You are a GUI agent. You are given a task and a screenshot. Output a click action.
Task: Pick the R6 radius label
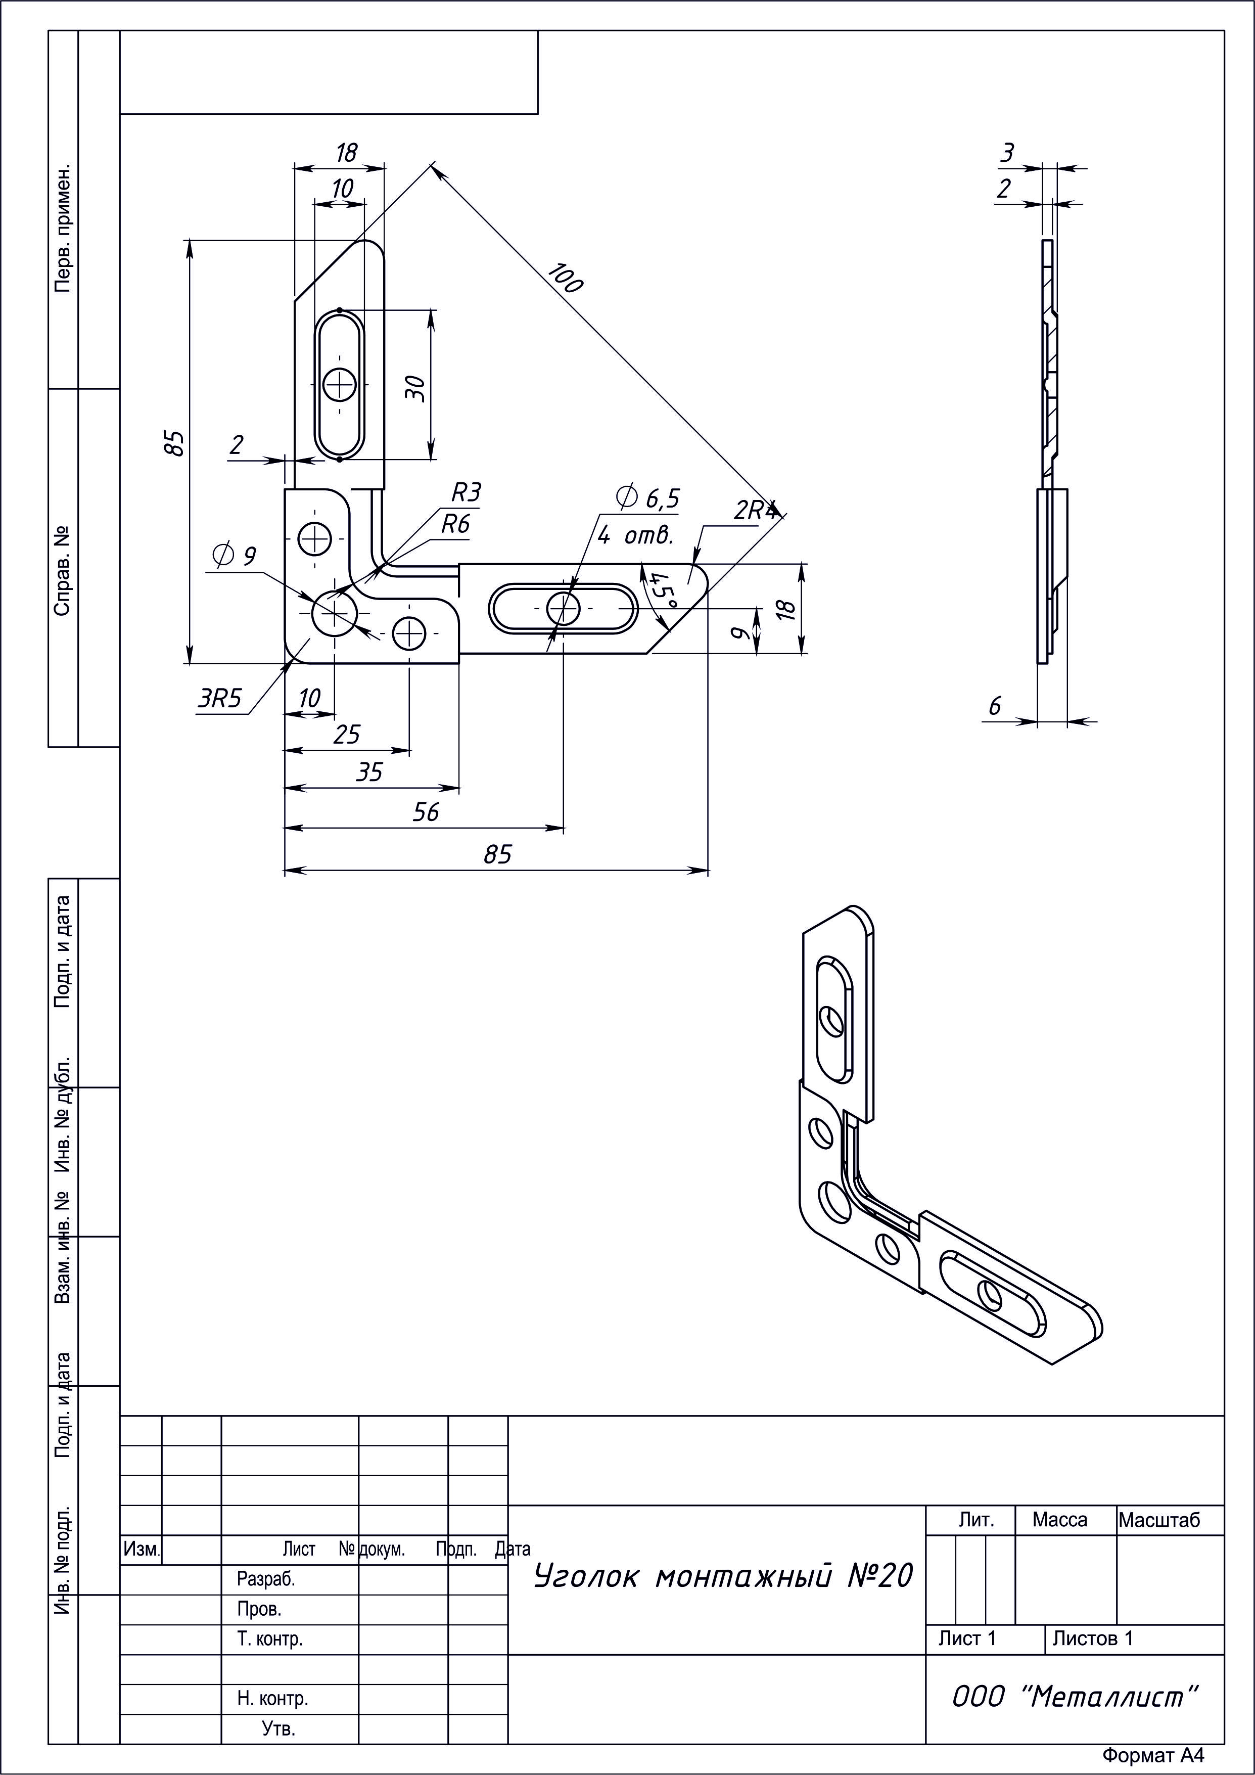click(x=455, y=524)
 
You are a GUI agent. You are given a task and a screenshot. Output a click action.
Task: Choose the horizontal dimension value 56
click(x=426, y=812)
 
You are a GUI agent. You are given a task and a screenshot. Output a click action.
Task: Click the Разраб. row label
click(x=266, y=1579)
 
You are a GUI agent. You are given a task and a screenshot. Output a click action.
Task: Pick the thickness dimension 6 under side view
click(x=995, y=706)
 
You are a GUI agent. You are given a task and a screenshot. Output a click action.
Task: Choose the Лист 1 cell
click(x=967, y=1638)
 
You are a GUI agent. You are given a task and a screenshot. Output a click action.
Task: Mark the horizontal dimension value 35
click(x=369, y=771)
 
